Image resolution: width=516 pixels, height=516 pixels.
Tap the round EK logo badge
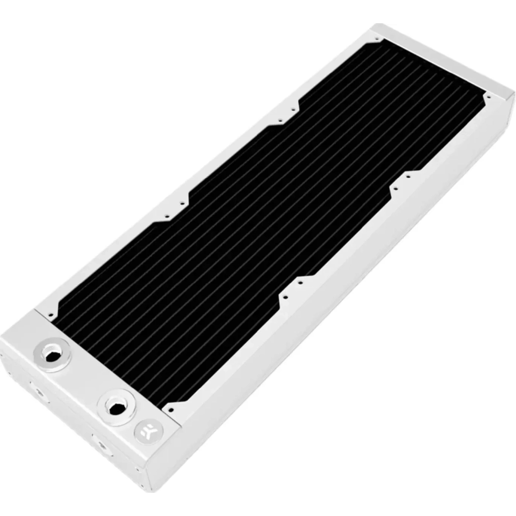pyautogui.click(x=144, y=431)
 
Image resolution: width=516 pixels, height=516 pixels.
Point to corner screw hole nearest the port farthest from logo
pyautogui.click(x=50, y=315)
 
